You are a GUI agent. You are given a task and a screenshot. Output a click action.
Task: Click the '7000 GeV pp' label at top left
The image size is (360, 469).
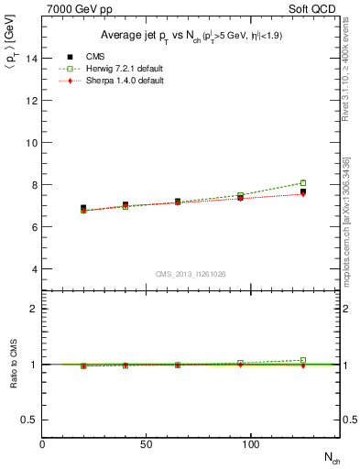coord(73,8)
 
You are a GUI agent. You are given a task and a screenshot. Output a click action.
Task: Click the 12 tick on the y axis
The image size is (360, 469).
coord(34,101)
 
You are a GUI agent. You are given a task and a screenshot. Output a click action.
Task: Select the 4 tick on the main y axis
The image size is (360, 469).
coord(36,269)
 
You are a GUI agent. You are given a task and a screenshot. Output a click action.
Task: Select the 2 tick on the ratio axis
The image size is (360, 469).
coord(36,309)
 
